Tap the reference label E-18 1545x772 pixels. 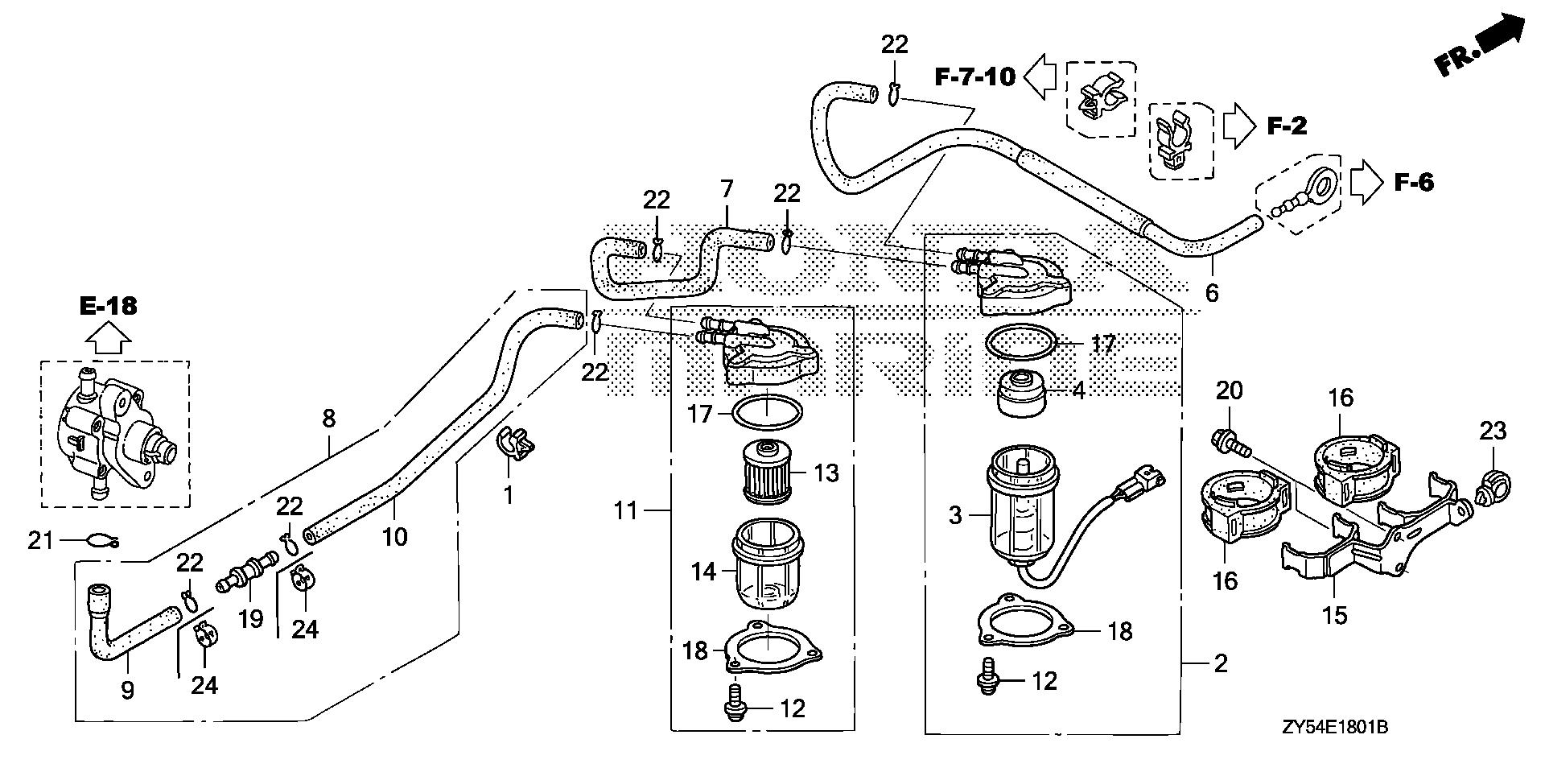point(109,306)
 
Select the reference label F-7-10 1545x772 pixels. point(975,76)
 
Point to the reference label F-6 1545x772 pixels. point(1413,183)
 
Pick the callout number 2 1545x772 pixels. point(1220,664)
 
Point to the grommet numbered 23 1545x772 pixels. point(1493,486)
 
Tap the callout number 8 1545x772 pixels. point(328,419)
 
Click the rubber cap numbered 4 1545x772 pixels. point(1023,394)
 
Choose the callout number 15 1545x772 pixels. point(1334,616)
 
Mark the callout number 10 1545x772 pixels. point(395,536)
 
